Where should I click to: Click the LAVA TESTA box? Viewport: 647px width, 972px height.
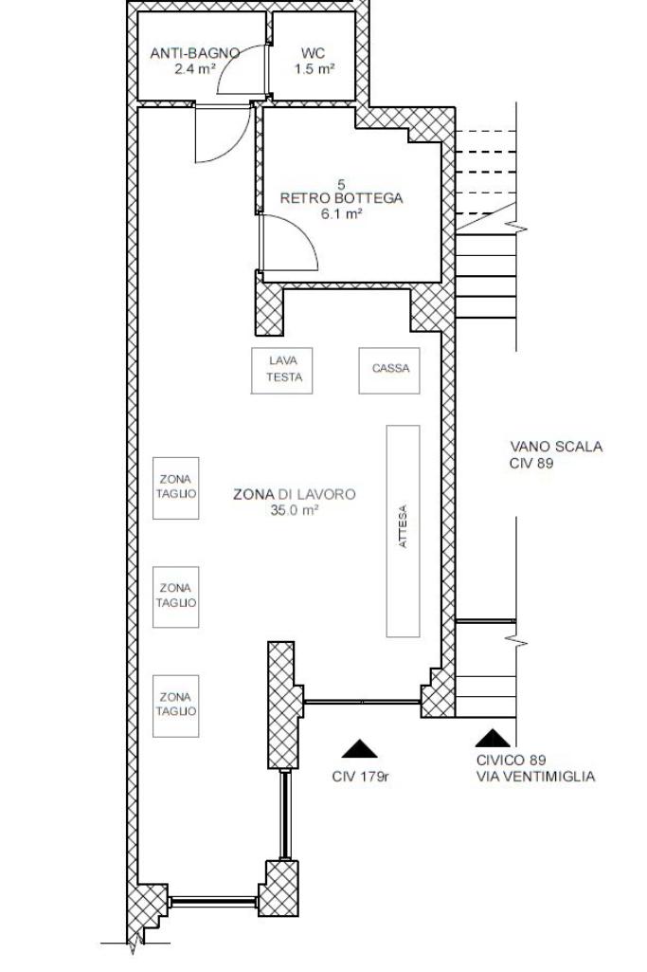[x=281, y=371]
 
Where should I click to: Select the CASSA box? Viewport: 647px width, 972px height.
[x=389, y=371]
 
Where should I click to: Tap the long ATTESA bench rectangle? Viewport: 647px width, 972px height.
[x=403, y=531]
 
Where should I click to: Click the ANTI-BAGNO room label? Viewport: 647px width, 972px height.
[x=194, y=53]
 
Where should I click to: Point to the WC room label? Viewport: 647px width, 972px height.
[x=314, y=53]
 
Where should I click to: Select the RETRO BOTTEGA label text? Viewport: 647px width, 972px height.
[x=341, y=198]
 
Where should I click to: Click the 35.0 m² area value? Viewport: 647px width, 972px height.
[x=295, y=510]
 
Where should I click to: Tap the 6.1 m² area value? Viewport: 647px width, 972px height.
[x=341, y=214]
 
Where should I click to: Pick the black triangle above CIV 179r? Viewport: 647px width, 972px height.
[x=359, y=749]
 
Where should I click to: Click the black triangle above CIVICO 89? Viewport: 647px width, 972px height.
[x=494, y=738]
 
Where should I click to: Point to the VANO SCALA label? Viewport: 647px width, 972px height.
[x=556, y=447]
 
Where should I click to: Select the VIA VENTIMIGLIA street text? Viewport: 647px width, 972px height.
[x=535, y=776]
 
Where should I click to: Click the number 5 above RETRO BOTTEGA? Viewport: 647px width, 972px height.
[x=341, y=184]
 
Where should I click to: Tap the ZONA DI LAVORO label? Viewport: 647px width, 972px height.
[x=295, y=494]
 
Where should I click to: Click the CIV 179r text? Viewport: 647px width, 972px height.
[x=360, y=777]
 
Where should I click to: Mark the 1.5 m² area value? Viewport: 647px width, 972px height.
[x=315, y=69]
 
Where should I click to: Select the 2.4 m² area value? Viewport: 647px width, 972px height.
[x=194, y=69]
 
